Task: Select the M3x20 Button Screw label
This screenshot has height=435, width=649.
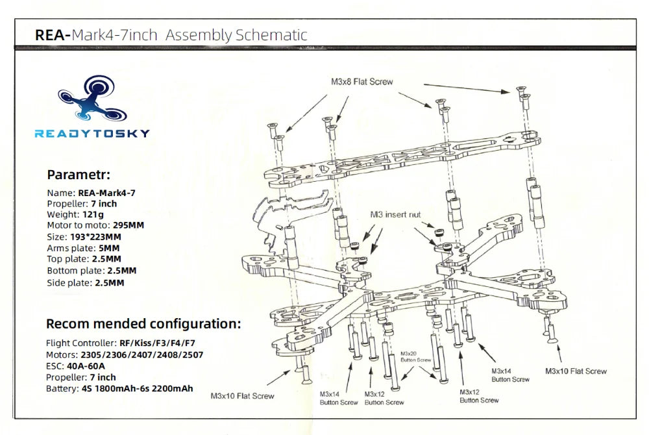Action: [x=416, y=356]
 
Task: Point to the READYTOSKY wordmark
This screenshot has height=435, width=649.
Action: [x=92, y=134]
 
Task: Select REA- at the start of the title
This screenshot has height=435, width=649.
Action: [x=52, y=35]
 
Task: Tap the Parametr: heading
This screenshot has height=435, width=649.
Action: [x=79, y=175]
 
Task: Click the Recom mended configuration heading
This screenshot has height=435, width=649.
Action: [x=143, y=323]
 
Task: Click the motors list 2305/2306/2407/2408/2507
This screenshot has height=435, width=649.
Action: [x=141, y=354]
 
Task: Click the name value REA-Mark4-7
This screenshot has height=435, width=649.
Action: [x=106, y=192]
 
